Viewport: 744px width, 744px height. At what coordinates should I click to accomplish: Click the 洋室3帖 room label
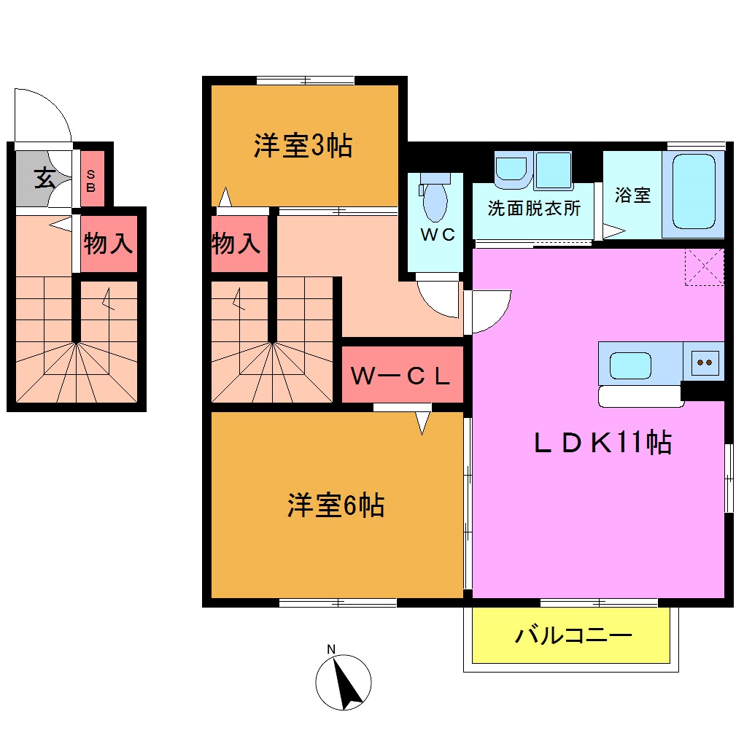303,146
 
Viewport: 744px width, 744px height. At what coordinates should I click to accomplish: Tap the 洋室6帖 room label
336,505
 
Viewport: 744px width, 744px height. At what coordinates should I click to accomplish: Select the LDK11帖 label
602,443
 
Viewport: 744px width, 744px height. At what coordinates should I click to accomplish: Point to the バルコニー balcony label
573,635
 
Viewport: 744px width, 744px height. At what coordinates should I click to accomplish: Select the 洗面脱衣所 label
534,209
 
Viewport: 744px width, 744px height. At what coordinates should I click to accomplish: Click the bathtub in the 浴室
693,192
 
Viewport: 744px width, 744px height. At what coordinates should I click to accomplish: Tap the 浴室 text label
632,195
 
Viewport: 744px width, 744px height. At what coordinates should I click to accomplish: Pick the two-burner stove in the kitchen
705,362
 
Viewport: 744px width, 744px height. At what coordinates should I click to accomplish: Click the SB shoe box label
91,179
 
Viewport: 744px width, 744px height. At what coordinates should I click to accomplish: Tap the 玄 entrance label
44,178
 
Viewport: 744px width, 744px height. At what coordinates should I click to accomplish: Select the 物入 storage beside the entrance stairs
109,244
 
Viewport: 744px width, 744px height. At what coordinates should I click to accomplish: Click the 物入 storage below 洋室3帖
236,244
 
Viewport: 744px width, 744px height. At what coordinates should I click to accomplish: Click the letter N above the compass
331,649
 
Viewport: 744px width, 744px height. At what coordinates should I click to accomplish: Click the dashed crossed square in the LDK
705,266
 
